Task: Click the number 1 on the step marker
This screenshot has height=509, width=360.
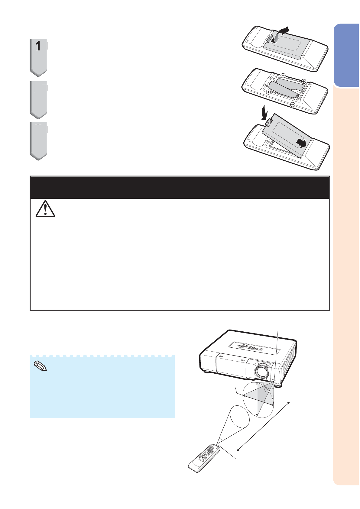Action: point(38,46)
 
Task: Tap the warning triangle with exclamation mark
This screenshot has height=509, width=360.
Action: point(45,209)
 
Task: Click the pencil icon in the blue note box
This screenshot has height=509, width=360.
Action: point(40,366)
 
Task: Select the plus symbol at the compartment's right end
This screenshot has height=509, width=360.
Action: point(303,81)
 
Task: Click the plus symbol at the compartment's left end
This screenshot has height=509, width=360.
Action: point(268,92)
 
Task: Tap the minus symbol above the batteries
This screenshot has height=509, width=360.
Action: point(283,75)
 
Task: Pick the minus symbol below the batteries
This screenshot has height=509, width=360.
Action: point(293,105)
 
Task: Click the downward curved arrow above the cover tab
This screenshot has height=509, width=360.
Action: point(264,112)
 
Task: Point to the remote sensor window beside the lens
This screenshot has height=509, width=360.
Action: point(274,381)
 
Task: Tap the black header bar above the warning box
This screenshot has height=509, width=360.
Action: point(180,187)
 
